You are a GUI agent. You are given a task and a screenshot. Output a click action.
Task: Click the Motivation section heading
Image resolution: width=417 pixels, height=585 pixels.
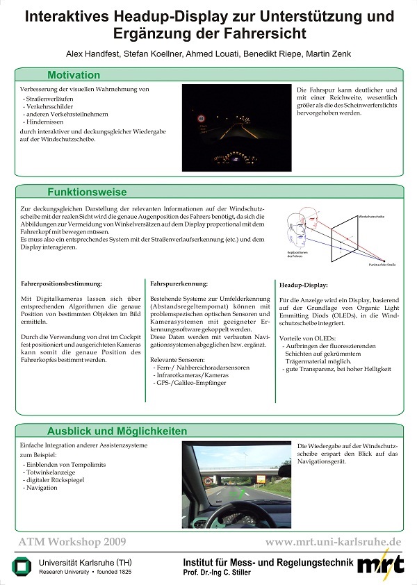(x=75, y=75)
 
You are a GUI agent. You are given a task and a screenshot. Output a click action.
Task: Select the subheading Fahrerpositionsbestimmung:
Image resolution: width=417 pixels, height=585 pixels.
(x=63, y=283)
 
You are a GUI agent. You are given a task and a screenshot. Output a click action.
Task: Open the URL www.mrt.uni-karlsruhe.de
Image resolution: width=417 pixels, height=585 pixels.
(x=333, y=541)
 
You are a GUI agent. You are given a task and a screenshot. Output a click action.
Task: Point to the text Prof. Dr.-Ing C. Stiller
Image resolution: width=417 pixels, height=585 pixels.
(x=229, y=572)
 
